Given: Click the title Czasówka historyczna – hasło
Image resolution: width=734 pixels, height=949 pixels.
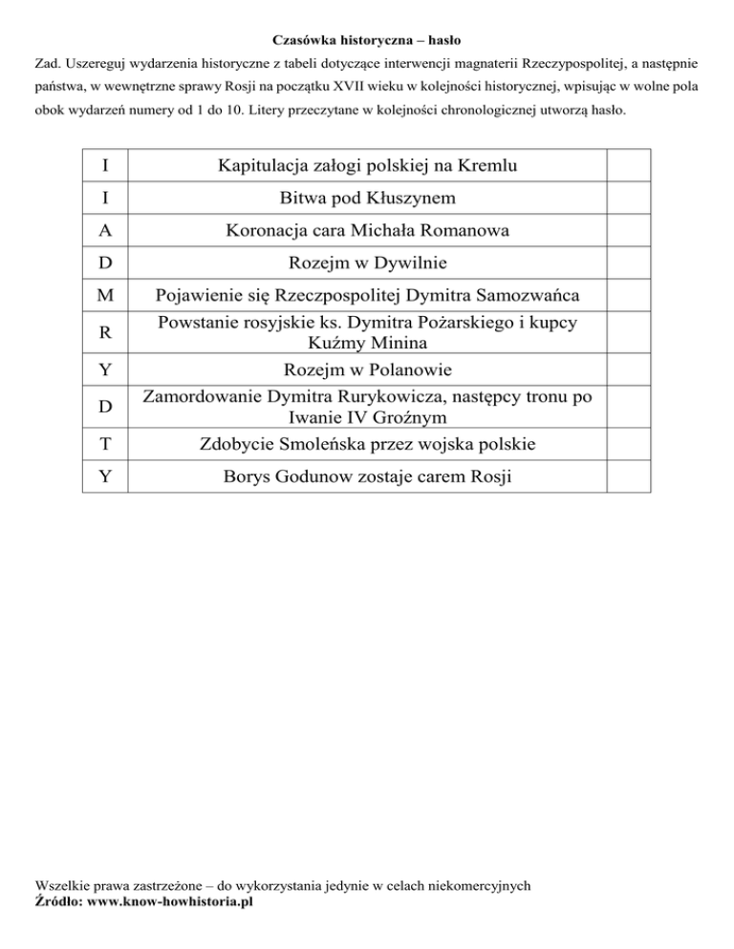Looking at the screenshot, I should coord(367,41).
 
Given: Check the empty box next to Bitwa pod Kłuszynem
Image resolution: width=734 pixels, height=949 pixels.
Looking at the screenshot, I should coord(628,199).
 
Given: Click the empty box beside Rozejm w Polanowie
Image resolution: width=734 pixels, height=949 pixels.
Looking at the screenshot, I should coord(628,370).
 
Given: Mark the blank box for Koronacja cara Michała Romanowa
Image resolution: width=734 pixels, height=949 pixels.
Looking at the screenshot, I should coord(628,230).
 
